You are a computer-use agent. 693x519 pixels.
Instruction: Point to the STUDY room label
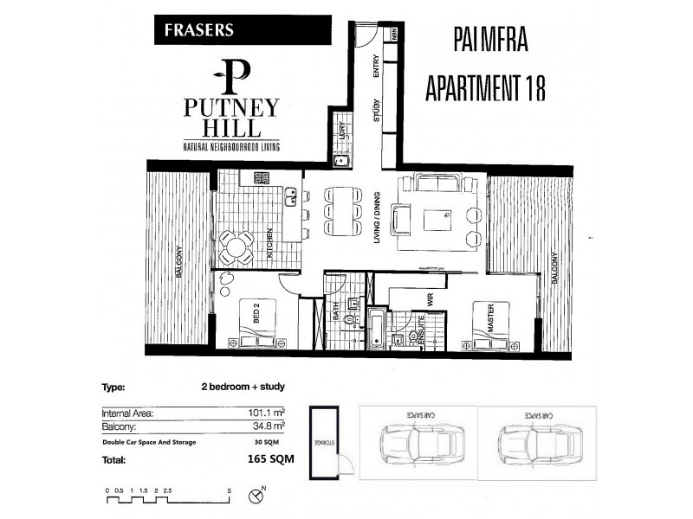pyautogui.click(x=378, y=116)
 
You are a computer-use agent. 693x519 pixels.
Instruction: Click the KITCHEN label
pyautogui.click(x=270, y=245)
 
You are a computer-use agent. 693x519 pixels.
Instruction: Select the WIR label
pyautogui.click(x=428, y=299)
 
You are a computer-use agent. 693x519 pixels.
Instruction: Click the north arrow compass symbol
pyautogui.click(x=256, y=496)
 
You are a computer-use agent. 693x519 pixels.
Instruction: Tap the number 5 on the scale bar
pyautogui.click(x=229, y=490)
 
